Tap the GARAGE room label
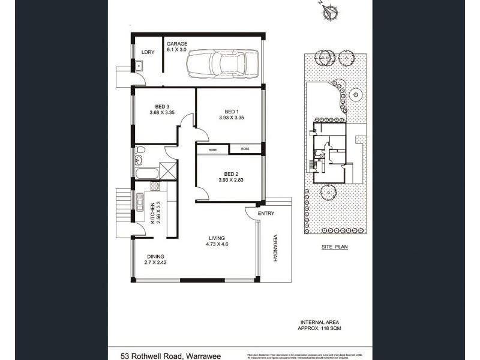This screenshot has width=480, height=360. coord(177,43)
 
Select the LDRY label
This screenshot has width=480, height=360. coord(148,52)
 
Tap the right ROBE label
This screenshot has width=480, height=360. coord(245,148)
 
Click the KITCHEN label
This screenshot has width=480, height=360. coord(153,212)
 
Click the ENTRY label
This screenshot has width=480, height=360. coord(265,214)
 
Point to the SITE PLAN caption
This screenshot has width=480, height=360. coord(335,246)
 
